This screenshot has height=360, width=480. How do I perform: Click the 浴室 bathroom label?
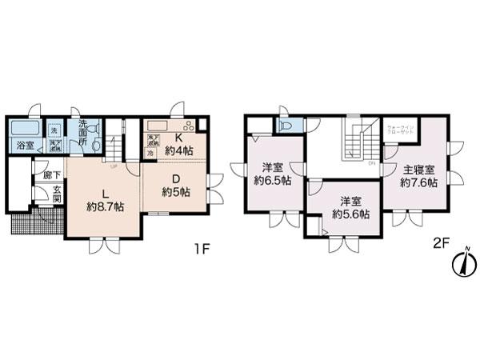pyautogui.click(x=25, y=146)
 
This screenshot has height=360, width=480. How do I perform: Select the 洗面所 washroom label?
pyautogui.click(x=83, y=131)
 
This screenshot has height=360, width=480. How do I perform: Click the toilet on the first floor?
pyautogui.click(x=96, y=145)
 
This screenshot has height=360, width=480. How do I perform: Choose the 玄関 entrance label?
pyautogui.click(x=57, y=194)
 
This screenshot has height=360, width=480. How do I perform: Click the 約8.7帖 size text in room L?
pyautogui.click(x=105, y=206)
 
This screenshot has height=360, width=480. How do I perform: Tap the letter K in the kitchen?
pyautogui.click(x=170, y=137)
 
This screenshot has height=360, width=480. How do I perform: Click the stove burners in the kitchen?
pyautogui.click(x=190, y=125)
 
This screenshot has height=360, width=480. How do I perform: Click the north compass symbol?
pyautogui.click(x=462, y=262)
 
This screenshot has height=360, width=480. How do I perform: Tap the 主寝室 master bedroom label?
pyautogui.click(x=419, y=170)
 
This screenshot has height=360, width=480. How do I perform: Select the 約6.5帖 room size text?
pyautogui.click(x=273, y=180)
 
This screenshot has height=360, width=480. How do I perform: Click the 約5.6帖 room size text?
pyautogui.click(x=350, y=214)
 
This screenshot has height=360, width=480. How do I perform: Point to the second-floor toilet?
pyautogui.click(x=285, y=126)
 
